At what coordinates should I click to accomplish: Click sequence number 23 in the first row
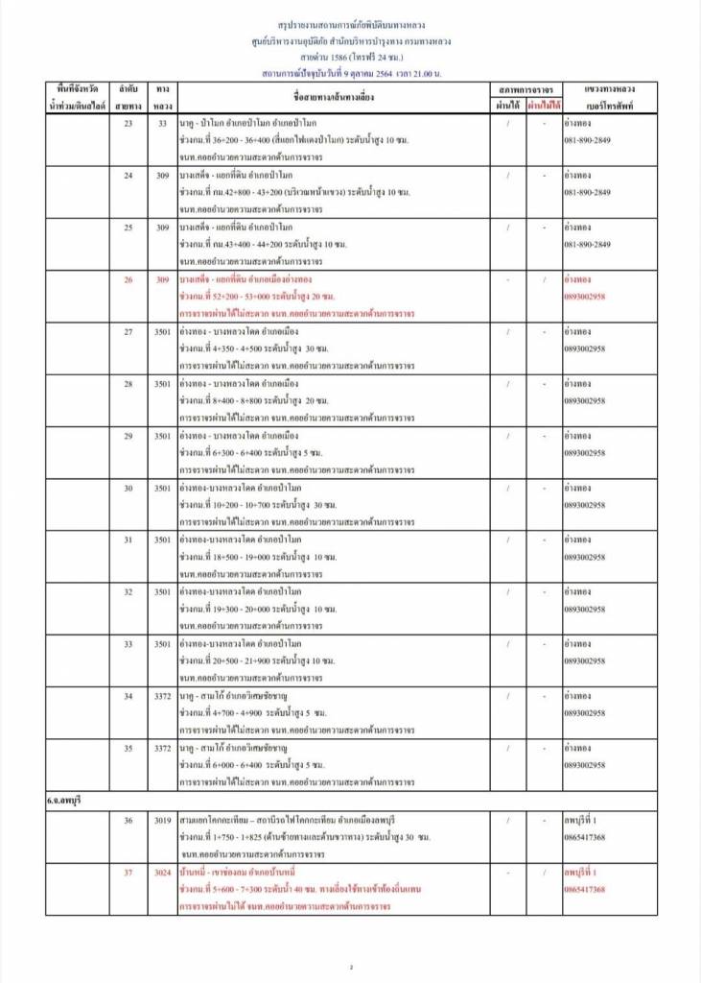pos(129,124)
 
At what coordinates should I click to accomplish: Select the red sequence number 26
pos(129,279)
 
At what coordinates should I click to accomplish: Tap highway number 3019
pos(162,821)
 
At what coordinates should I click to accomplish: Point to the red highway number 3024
pos(162,873)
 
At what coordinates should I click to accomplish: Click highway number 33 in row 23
pos(162,124)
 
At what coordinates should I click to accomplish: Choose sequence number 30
pos(129,488)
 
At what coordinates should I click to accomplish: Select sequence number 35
pos(129,748)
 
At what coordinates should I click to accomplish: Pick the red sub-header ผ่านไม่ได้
pos(542,105)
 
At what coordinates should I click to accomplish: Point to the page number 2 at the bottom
pos(351,966)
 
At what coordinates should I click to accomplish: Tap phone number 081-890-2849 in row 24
pos(588,192)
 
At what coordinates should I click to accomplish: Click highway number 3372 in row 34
pos(162,696)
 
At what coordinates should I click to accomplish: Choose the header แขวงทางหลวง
pos(610,88)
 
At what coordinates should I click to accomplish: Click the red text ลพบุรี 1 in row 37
pos(582,873)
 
